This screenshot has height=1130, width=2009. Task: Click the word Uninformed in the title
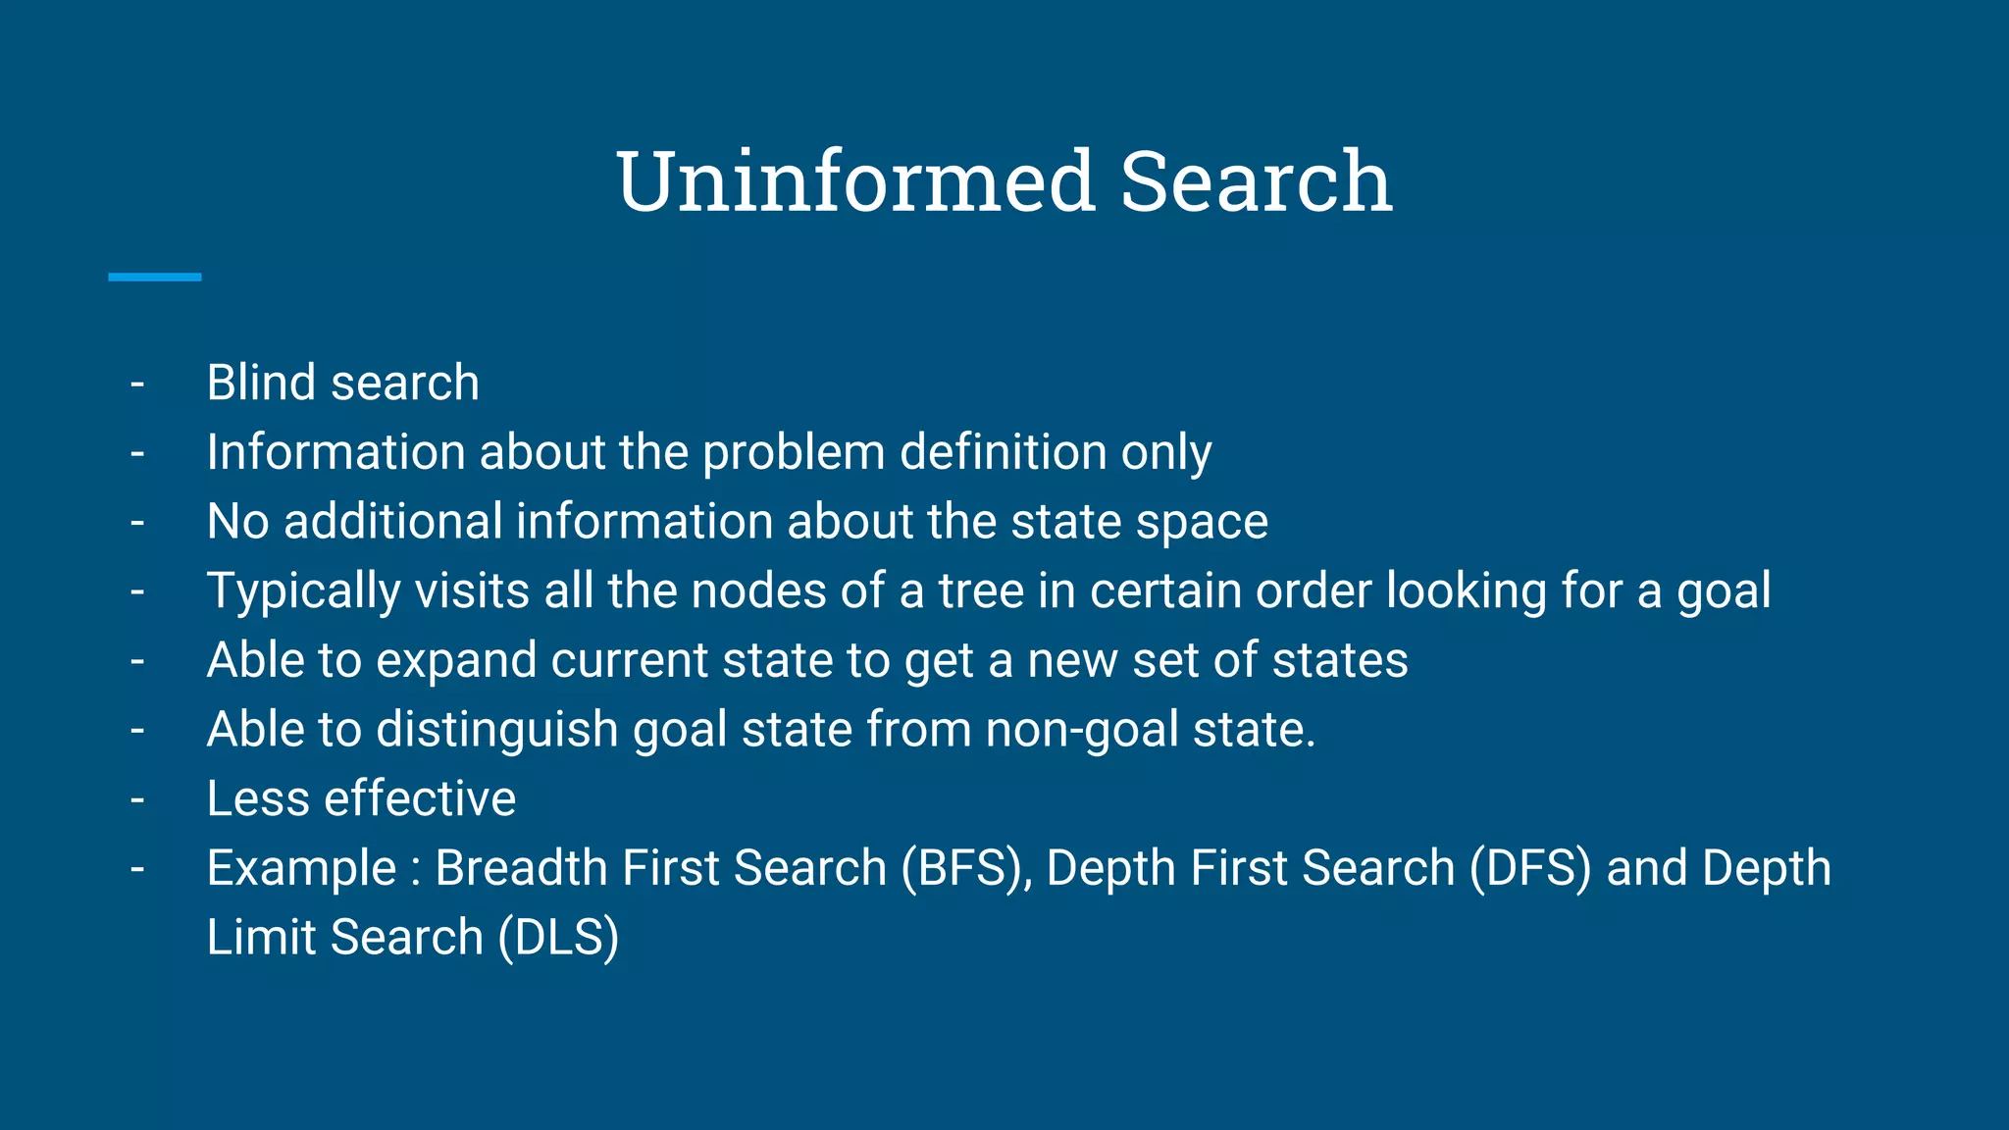pos(854,181)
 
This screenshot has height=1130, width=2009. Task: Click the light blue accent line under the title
pos(154,278)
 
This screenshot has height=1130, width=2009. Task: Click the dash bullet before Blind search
pos(137,384)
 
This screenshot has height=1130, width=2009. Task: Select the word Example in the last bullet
pos(301,869)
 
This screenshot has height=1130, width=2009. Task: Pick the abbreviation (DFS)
pos(1529,869)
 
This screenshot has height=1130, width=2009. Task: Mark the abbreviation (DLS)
pos(558,938)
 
